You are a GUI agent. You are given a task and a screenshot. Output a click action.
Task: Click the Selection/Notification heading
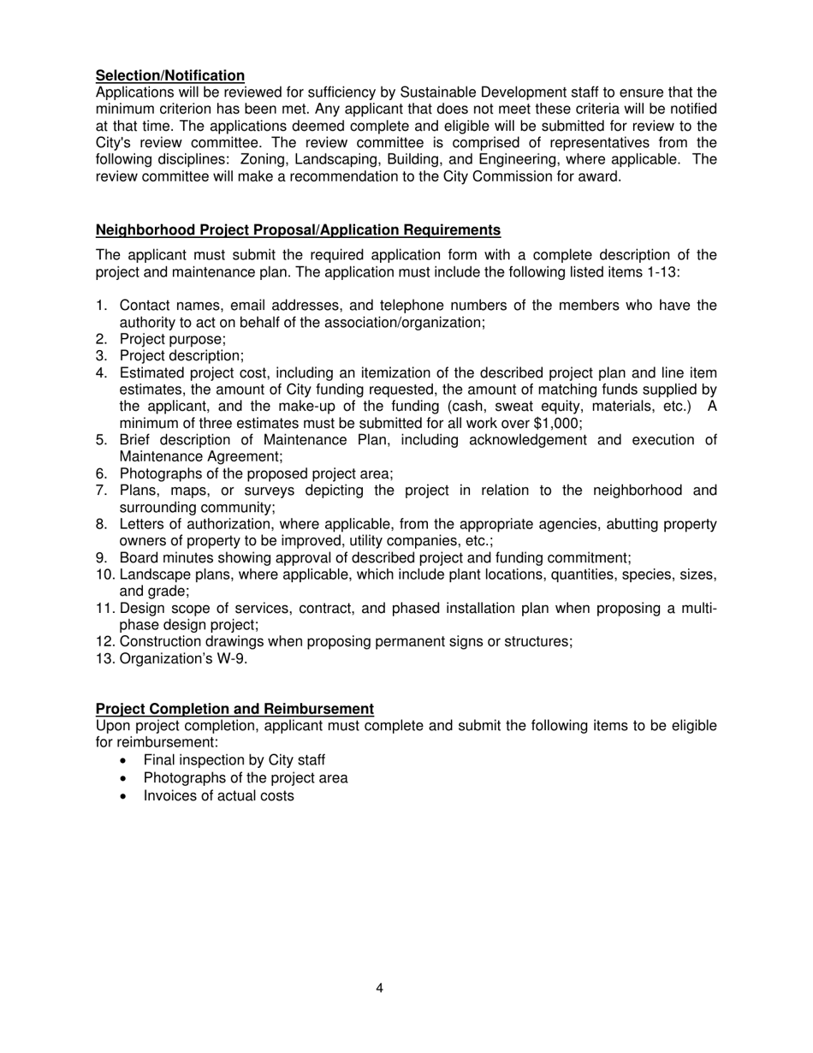(x=169, y=76)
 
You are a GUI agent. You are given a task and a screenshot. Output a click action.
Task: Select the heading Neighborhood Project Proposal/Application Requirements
(x=298, y=230)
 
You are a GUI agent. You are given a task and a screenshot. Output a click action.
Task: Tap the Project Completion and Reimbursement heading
(x=234, y=709)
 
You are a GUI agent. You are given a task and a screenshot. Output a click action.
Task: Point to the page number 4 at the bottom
(x=379, y=989)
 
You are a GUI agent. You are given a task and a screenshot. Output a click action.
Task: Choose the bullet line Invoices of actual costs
(x=218, y=796)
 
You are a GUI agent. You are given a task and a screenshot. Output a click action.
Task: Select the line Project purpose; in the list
(x=173, y=339)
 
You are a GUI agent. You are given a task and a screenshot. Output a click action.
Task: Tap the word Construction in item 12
(x=160, y=641)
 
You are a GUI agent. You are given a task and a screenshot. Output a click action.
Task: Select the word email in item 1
(x=249, y=306)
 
